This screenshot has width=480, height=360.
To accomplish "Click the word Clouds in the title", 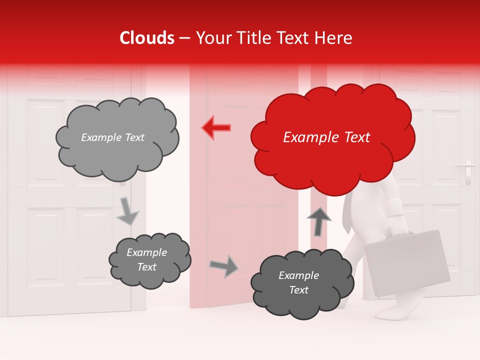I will tap(147, 38).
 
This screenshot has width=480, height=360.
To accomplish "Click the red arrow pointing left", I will tap(216, 127).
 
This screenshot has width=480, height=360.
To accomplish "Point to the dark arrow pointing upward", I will tap(319, 221).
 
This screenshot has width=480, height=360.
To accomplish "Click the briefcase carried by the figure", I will tap(407, 262).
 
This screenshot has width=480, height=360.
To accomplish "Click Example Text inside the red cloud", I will tap(326, 137).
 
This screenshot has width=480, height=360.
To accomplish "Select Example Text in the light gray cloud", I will tap(112, 137).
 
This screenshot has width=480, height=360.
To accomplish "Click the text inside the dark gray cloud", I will tap(298, 282).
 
